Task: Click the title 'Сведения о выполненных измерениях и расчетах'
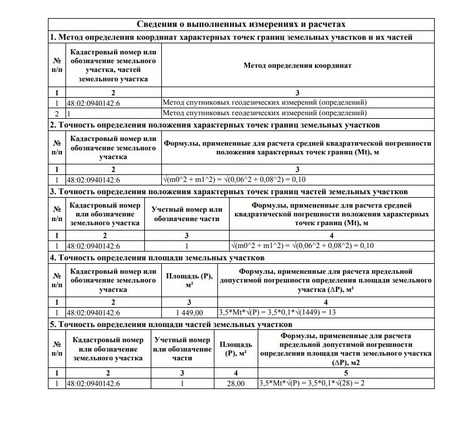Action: click(x=241, y=24)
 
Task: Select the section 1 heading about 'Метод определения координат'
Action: click(x=231, y=37)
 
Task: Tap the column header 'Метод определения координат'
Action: click(x=297, y=66)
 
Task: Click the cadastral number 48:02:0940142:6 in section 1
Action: click(x=93, y=102)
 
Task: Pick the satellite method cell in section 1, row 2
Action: click(x=265, y=113)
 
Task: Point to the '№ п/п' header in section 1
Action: click(x=57, y=66)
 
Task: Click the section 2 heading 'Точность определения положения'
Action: click(x=215, y=125)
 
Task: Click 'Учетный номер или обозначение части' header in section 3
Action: click(x=187, y=214)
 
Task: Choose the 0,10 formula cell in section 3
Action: click(x=302, y=246)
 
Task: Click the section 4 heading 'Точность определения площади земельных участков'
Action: click(x=157, y=257)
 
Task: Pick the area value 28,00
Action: click(x=236, y=384)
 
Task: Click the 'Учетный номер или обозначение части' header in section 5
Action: click(x=182, y=349)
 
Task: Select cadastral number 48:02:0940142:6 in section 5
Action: click(x=93, y=384)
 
